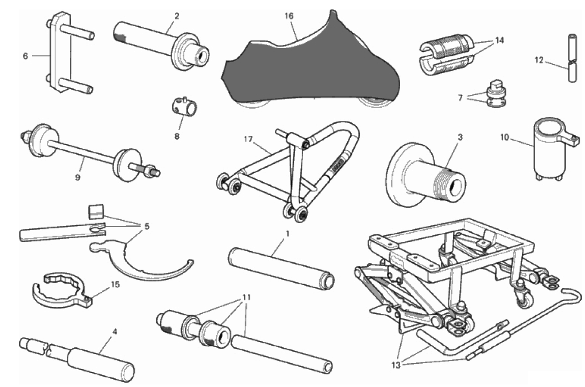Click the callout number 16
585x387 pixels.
[x=289, y=16]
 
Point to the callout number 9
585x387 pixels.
[x=78, y=177]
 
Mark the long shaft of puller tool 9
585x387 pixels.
[x=82, y=154]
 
